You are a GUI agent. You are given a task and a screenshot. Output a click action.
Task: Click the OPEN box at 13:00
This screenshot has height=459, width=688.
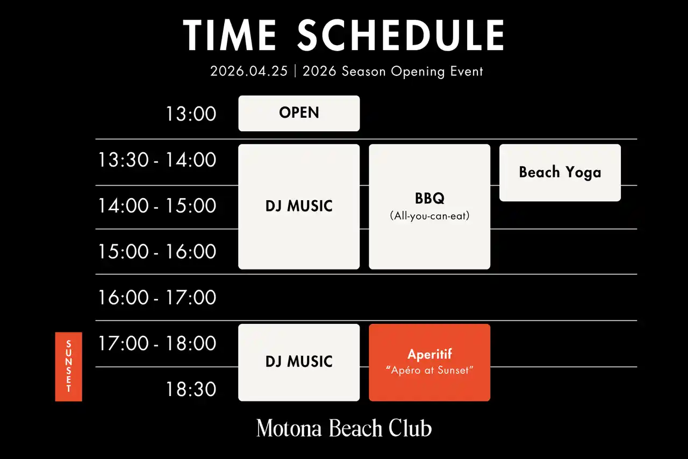299,113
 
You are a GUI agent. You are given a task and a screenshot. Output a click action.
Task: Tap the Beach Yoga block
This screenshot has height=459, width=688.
560,173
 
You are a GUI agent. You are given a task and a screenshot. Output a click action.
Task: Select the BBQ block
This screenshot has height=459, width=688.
429,207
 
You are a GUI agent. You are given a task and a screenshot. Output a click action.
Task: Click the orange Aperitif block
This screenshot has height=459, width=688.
429,363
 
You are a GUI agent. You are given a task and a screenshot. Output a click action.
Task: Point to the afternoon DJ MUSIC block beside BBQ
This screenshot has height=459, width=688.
299,207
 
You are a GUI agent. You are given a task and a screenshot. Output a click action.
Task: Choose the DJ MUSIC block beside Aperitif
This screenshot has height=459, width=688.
299,363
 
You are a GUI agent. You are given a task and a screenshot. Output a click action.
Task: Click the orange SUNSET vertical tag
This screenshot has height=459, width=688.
68,366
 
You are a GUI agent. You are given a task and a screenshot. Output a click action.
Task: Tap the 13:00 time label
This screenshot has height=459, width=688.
191,114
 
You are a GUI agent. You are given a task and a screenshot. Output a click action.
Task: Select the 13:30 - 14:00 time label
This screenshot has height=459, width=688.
157,160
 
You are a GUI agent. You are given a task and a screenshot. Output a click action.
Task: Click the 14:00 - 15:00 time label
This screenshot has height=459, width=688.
157,206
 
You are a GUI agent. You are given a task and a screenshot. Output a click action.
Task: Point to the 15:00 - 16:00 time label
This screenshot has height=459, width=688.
157,251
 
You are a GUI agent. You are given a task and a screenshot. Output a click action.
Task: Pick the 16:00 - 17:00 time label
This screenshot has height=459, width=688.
157,297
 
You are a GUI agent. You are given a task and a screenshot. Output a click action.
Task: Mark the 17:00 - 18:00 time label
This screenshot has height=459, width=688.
157,343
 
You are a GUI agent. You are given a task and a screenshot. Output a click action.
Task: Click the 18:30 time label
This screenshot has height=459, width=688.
191,389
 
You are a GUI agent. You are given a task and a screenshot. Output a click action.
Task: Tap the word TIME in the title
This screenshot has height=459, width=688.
230,35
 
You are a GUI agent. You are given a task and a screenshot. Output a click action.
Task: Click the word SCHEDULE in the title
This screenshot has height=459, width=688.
401,35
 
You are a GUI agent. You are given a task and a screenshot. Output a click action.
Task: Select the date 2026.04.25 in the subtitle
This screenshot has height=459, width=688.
249,72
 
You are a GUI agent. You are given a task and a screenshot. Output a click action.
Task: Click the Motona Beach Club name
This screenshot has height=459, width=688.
344,428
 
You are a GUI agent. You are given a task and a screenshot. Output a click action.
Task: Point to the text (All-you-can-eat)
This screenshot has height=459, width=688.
429,216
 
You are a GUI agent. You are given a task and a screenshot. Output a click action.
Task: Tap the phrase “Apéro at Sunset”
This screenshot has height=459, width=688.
429,370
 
